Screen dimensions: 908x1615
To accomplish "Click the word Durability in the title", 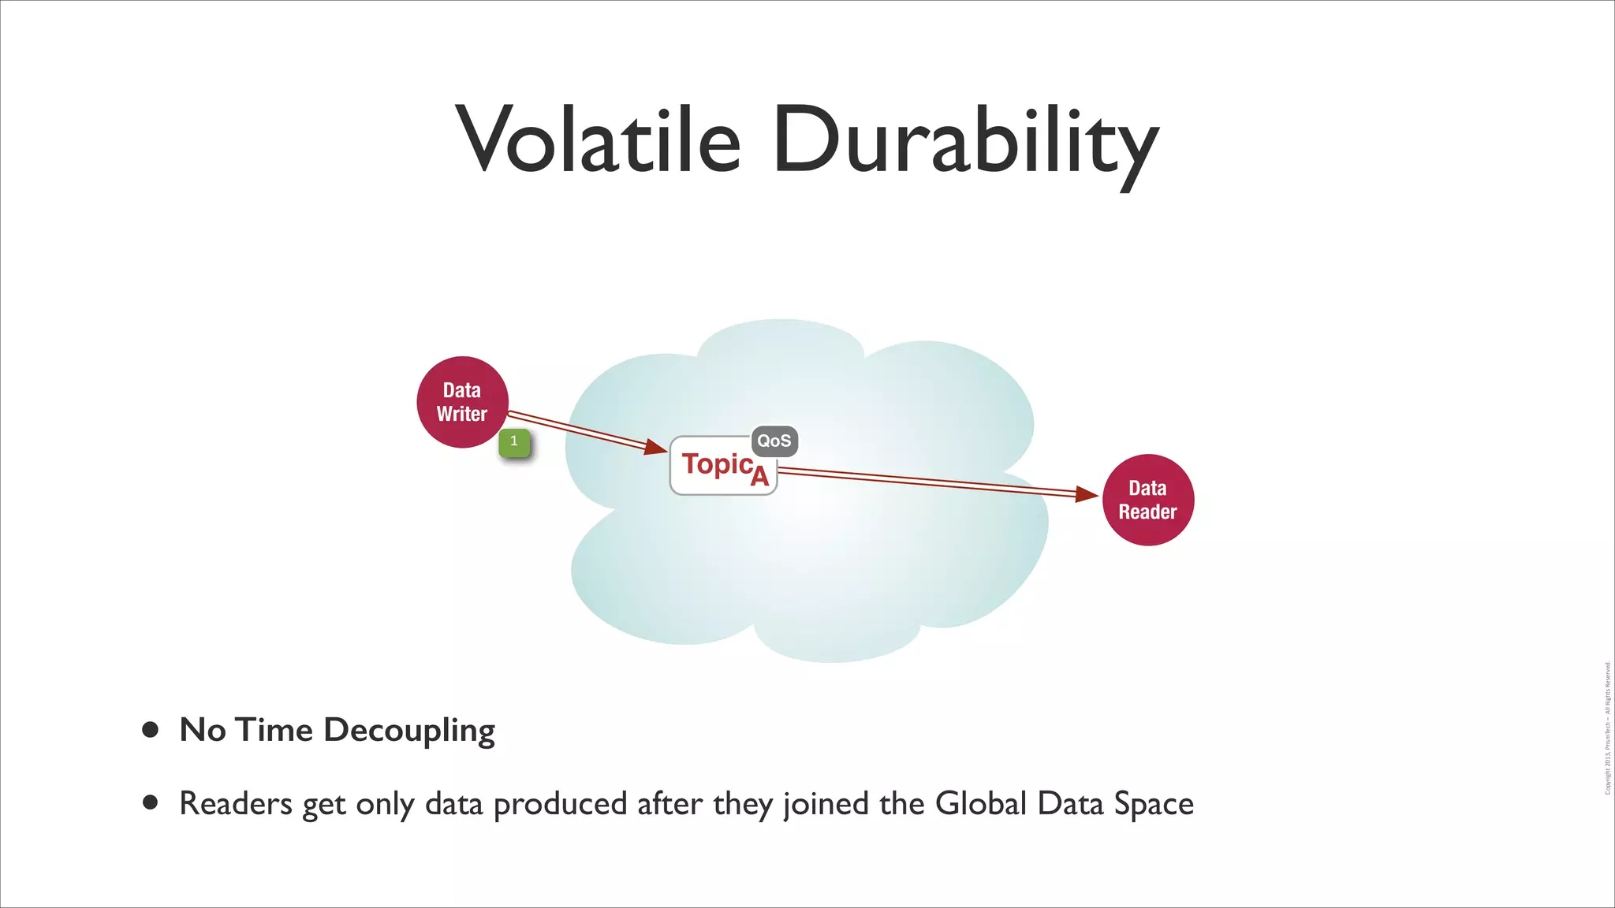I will coord(965,142).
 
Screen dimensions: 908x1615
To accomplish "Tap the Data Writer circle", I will coord(462,401).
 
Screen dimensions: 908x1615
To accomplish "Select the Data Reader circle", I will coord(1147,500).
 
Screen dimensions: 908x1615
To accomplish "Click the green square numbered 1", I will coord(514,442).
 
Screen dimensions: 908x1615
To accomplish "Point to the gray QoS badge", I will coord(774,441).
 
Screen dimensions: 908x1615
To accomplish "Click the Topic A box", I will coord(722,467).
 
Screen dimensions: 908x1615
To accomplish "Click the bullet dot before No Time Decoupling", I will coord(150,730).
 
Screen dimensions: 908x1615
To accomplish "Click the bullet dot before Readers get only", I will coord(150,803).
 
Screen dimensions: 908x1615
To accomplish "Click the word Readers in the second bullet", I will coord(236,804).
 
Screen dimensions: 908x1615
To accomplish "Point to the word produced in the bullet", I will coord(560,804).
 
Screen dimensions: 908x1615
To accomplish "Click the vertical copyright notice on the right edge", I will coord(1607,728).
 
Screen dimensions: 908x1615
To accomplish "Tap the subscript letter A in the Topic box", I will coord(759,476).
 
